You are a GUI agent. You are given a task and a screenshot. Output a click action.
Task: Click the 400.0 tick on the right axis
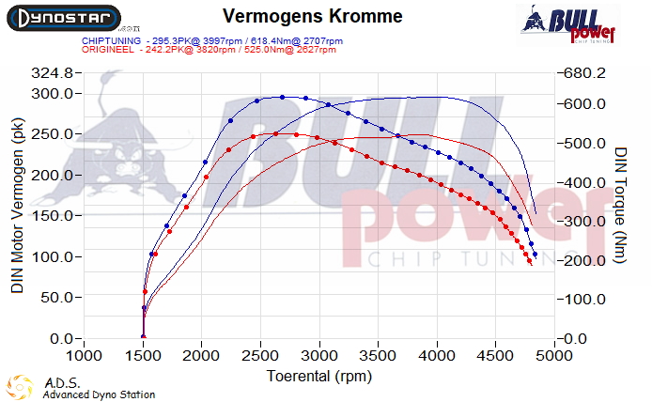pos(583,182)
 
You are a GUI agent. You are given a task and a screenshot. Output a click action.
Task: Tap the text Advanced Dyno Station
pos(100,394)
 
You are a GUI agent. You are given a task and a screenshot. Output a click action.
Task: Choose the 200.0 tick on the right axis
pos(583,260)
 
